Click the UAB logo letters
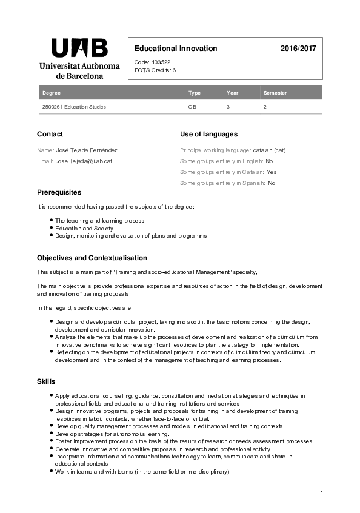(x=79, y=48)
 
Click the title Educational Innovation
(x=176, y=49)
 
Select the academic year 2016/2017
(x=298, y=49)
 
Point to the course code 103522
(x=161, y=62)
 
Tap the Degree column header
(x=51, y=93)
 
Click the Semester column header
(x=275, y=93)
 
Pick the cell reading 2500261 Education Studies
(x=74, y=107)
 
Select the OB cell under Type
(x=193, y=107)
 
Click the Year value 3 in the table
(x=228, y=107)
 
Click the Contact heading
(x=50, y=134)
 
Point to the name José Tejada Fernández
(x=86, y=149)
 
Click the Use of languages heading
(x=208, y=134)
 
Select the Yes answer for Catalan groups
(x=272, y=172)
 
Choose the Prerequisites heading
(x=59, y=192)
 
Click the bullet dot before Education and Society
(x=51, y=227)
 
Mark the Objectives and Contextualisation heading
(x=92, y=258)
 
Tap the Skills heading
(x=46, y=381)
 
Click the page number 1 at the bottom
(x=322, y=492)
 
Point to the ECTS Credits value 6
(x=174, y=70)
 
